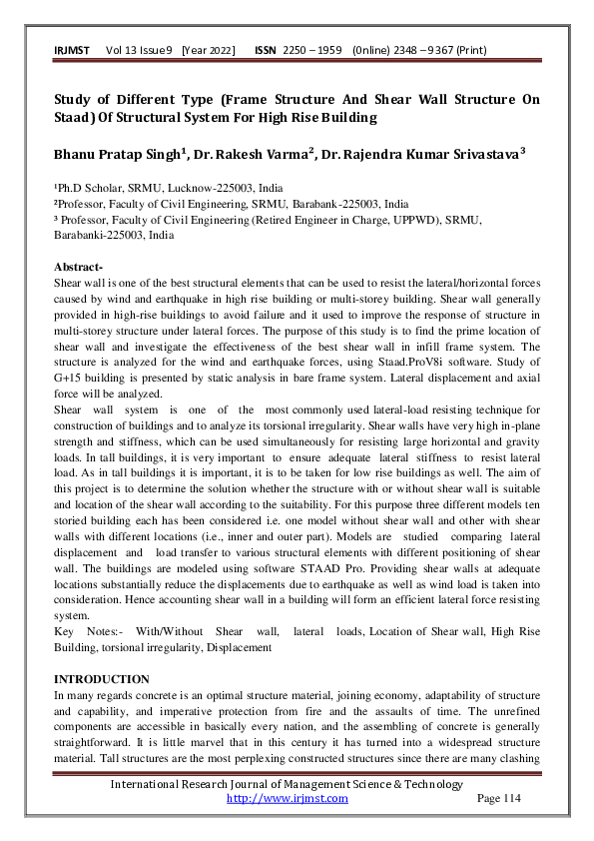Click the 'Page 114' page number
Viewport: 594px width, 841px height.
[499, 798]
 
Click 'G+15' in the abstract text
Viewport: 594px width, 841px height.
[71, 361]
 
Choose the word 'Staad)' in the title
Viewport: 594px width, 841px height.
[80, 118]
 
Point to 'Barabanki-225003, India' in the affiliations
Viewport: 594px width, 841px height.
[113, 236]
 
